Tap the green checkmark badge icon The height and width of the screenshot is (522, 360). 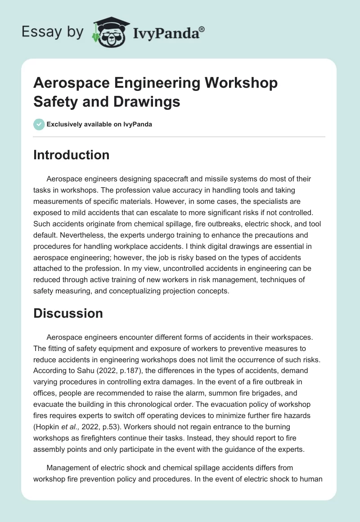(x=39, y=124)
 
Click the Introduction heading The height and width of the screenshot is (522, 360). (x=71, y=155)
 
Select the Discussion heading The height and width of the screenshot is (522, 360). (x=68, y=313)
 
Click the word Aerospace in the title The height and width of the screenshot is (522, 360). (x=70, y=83)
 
